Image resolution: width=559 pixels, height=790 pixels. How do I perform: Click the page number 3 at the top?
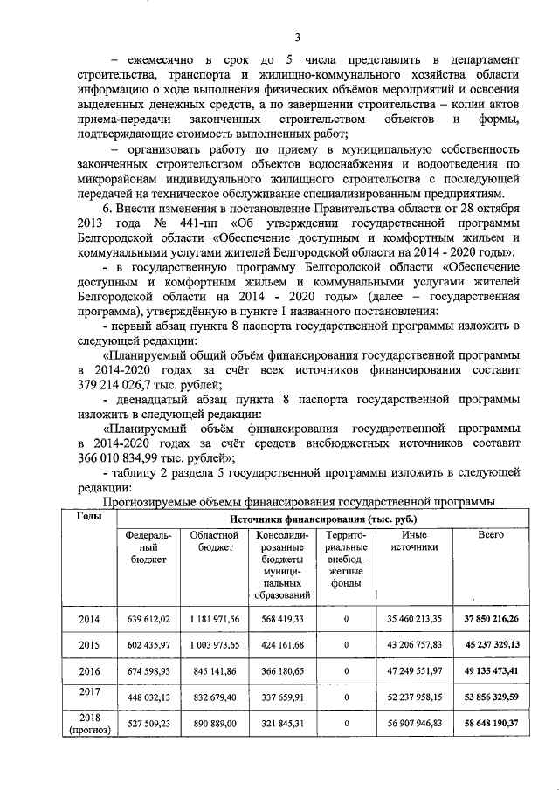pyautogui.click(x=297, y=37)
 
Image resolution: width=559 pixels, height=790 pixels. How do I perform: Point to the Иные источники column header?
pyautogui.click(x=414, y=540)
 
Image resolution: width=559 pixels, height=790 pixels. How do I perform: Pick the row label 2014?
pyautogui.click(x=89, y=619)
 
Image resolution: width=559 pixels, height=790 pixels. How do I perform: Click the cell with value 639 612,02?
pyautogui.click(x=148, y=619)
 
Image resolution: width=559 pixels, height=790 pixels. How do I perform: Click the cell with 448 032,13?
pyautogui.click(x=148, y=698)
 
